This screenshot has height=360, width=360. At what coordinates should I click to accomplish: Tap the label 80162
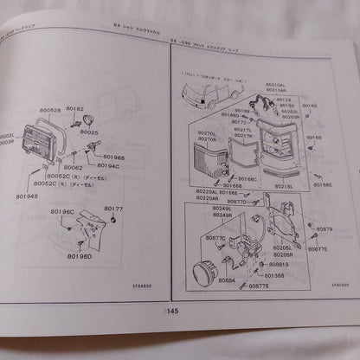75,109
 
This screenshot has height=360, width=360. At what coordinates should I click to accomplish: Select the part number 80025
89,132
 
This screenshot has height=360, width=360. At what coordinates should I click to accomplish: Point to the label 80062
74,168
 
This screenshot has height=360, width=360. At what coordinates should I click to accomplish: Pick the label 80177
113,209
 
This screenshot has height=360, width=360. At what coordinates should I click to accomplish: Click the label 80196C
62,212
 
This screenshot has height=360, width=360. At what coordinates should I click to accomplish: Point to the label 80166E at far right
323,183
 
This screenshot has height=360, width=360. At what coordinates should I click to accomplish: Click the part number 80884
227,280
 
